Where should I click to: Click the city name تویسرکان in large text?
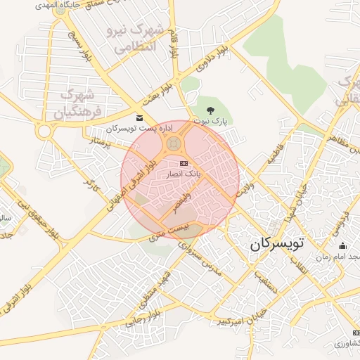click(277, 245)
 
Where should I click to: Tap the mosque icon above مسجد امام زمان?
click(342, 245)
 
